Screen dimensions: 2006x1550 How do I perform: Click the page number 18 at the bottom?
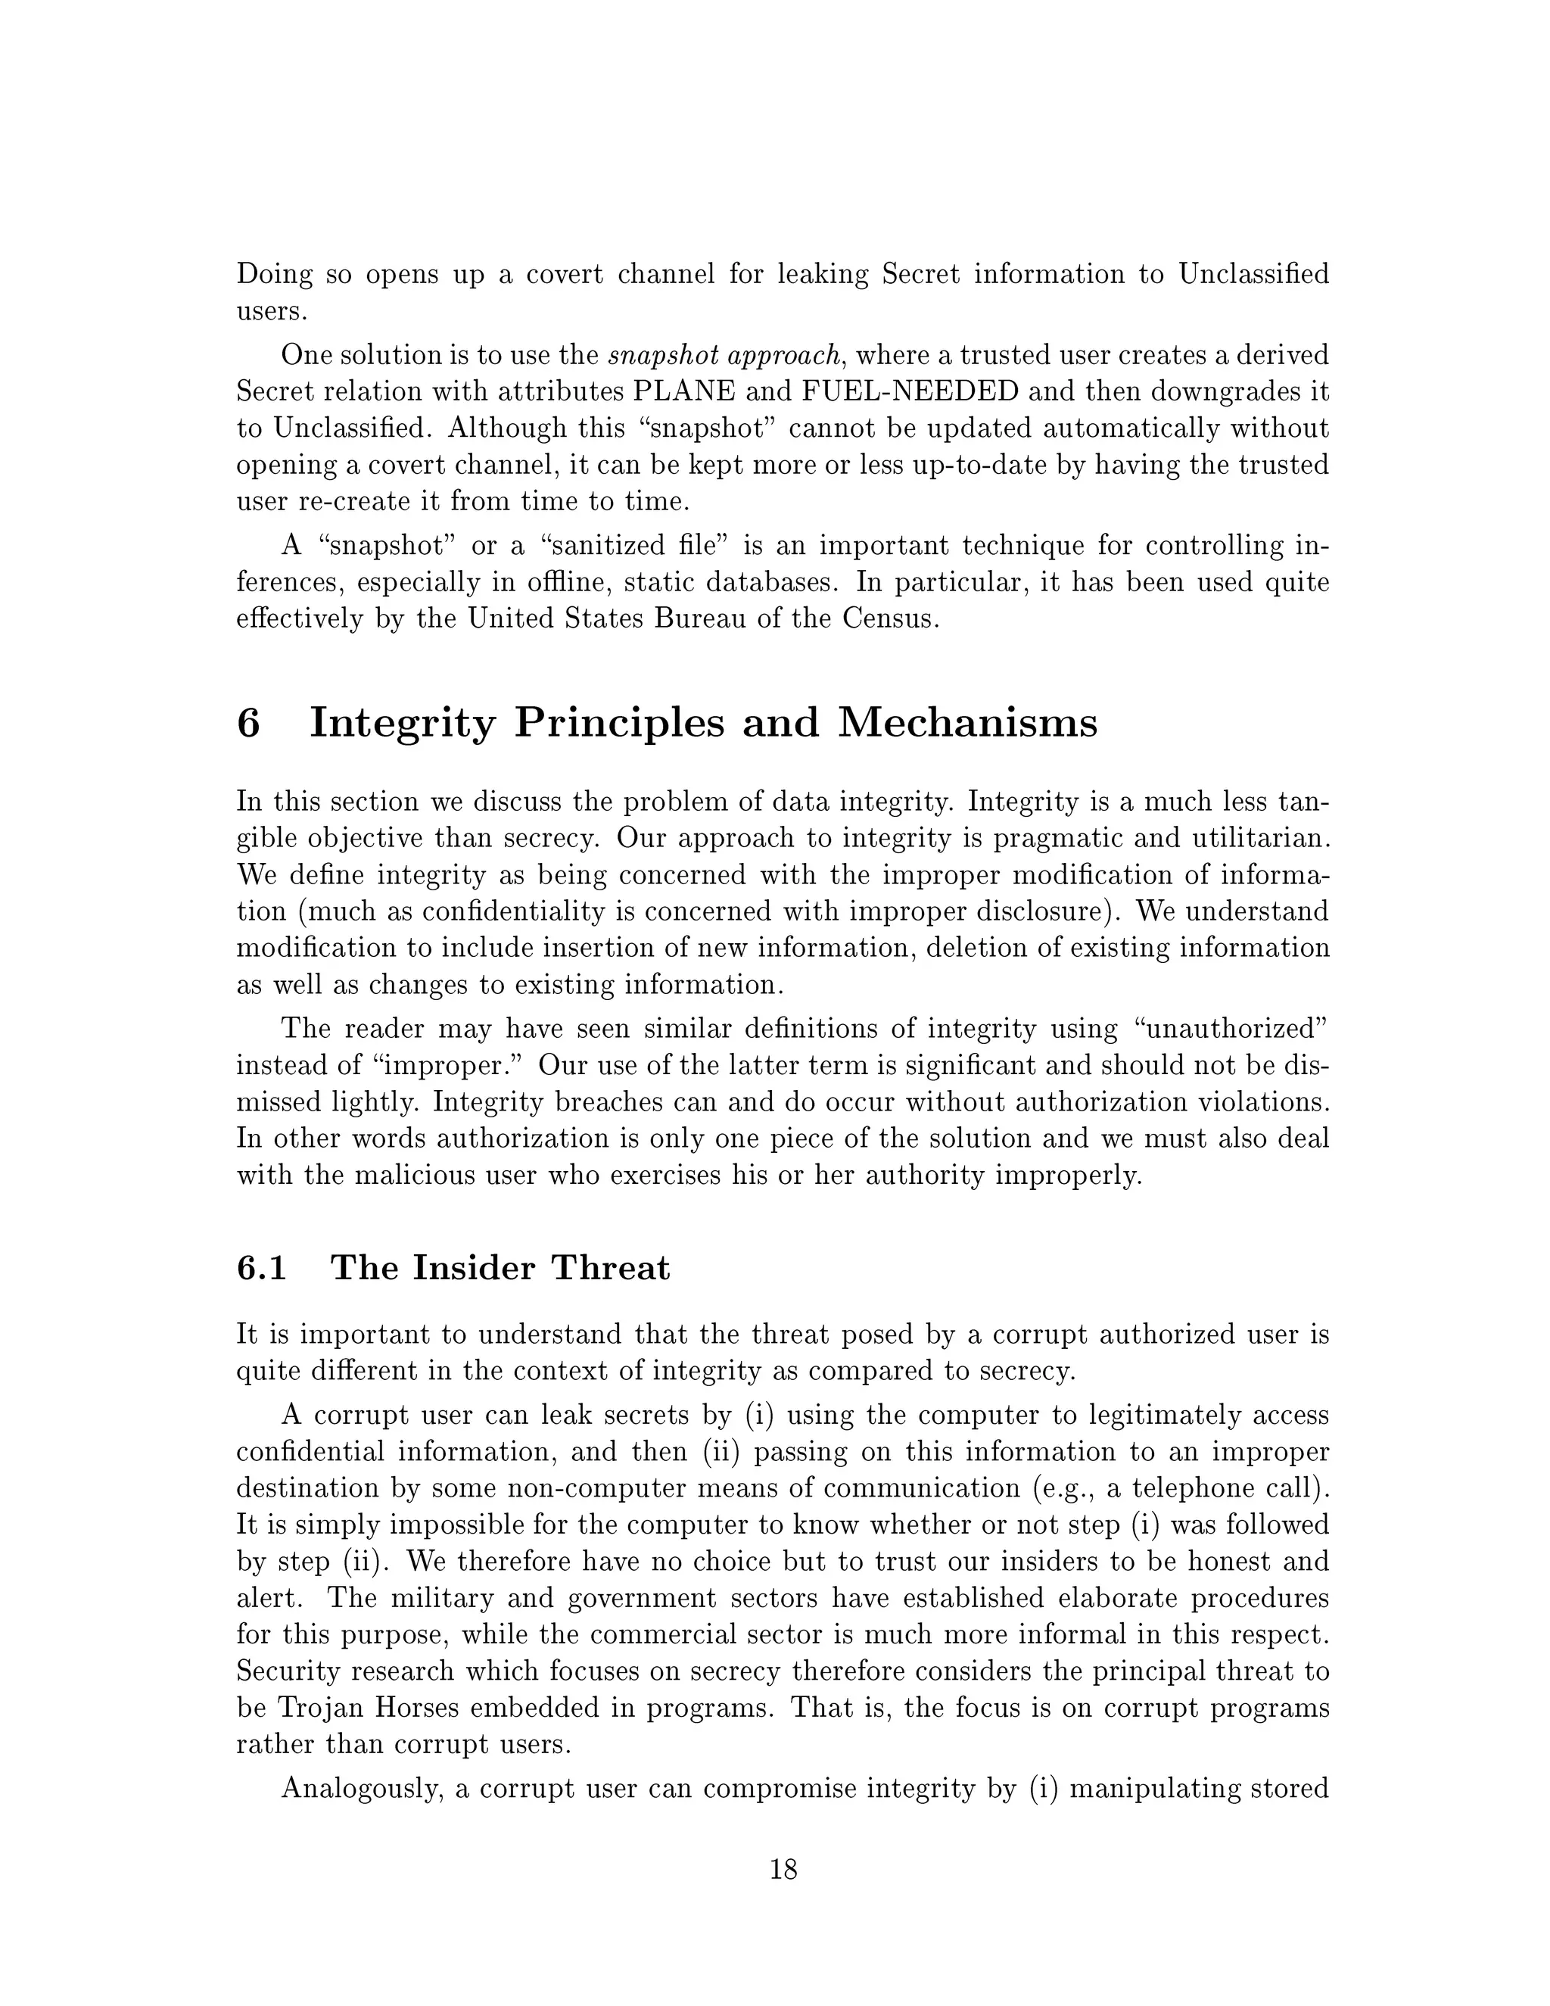click(x=783, y=1869)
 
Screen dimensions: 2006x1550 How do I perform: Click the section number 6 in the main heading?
click(x=249, y=723)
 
